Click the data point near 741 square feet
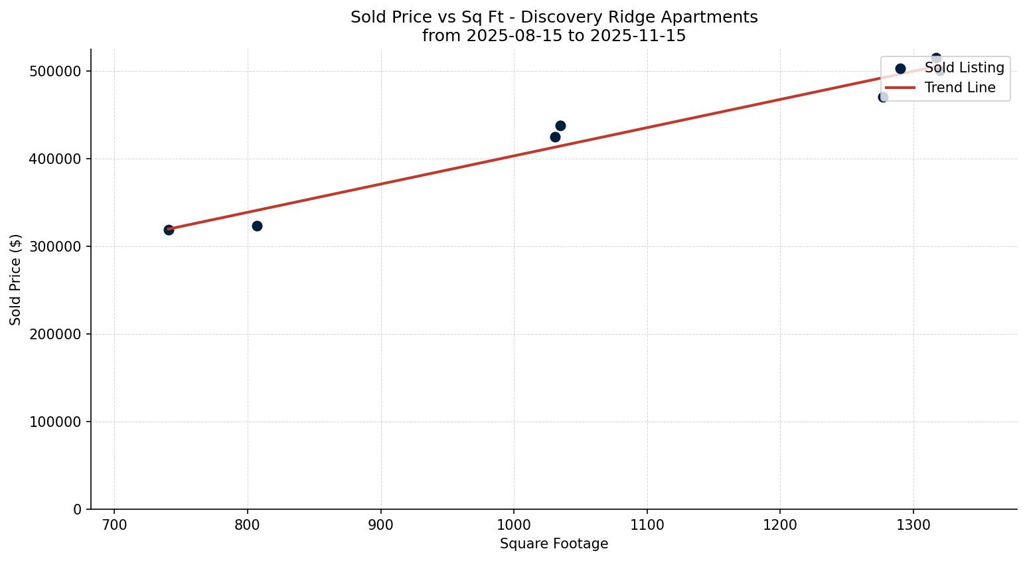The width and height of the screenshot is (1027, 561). (169, 230)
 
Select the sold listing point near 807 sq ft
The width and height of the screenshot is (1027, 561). (257, 226)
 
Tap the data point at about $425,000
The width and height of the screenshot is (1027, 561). (555, 137)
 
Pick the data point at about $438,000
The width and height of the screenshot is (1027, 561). (560, 125)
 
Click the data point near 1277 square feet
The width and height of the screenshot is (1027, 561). (883, 97)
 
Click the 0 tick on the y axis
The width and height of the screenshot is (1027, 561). (78, 510)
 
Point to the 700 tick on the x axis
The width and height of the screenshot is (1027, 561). (114, 524)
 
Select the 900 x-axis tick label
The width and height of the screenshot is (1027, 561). (380, 524)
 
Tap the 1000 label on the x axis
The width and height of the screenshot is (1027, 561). (514, 524)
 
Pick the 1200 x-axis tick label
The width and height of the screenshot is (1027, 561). (780, 524)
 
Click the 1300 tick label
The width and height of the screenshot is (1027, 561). (913, 524)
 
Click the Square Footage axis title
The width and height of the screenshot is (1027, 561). (554, 544)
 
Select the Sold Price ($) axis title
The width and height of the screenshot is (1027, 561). (16, 280)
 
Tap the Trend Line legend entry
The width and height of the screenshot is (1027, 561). (959, 88)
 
